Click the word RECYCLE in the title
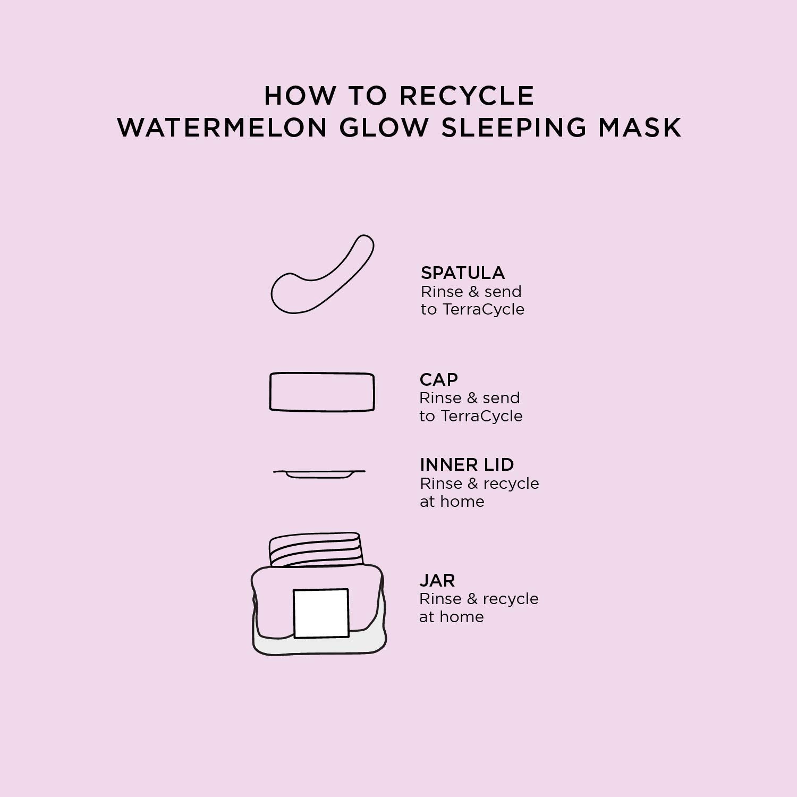[467, 96]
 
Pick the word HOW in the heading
[300, 96]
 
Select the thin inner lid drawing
[319, 472]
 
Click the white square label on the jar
[321, 613]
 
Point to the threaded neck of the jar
[316, 549]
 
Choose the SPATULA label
[463, 273]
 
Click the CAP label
[438, 379]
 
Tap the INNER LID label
[467, 465]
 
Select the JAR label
[437, 580]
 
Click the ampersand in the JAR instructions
[472, 599]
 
